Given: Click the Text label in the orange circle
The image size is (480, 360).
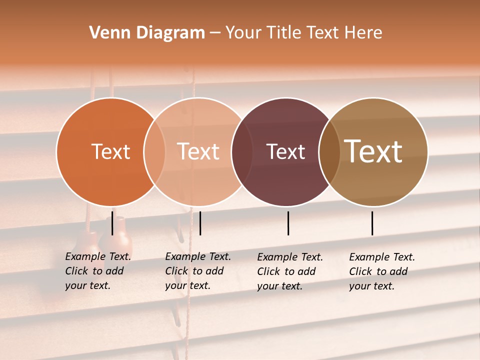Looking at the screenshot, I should (110, 151).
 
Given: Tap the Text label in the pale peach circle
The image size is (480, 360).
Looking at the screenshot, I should (198, 151).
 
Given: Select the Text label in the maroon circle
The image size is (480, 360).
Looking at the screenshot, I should (285, 151).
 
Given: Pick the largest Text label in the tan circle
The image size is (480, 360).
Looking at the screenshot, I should (373, 151).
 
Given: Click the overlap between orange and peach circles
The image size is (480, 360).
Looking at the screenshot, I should (154, 152).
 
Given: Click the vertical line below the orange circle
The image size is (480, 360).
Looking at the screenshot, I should (112, 223).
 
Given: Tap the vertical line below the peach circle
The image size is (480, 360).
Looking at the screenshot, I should (200, 223).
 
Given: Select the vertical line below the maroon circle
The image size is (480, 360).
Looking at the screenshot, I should (288, 223).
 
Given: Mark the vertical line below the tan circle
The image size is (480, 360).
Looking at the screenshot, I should (372, 223).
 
